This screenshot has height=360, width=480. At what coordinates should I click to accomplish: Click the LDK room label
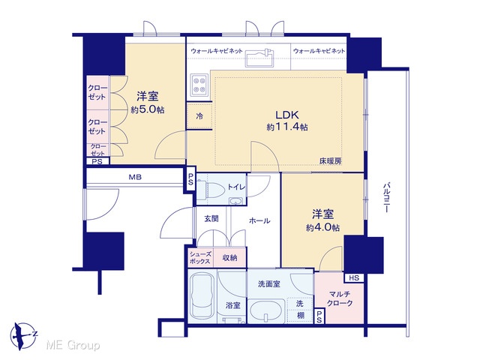coord(287,115)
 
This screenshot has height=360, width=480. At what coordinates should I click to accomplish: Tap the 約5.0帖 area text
coord(147,110)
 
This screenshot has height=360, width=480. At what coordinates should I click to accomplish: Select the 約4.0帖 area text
coord(322,226)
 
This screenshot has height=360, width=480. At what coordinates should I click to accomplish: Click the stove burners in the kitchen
coord(199,83)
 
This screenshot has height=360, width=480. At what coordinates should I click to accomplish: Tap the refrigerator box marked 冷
coord(199,116)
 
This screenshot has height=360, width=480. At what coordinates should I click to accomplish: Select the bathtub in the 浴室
coord(202,296)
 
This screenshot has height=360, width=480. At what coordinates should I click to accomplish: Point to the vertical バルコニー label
coord(387,198)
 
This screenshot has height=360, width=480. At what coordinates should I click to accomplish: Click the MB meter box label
coord(134,178)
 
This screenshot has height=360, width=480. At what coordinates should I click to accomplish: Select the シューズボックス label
coord(200,258)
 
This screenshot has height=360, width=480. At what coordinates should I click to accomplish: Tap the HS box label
coord(354,278)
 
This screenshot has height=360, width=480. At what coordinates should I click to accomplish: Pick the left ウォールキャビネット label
coord(217,50)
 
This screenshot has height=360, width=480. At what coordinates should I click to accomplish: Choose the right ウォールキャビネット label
coord(319,50)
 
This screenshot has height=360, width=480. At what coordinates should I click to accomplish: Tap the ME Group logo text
coord(71,345)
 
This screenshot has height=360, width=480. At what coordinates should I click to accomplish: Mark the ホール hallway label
coord(259,221)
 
